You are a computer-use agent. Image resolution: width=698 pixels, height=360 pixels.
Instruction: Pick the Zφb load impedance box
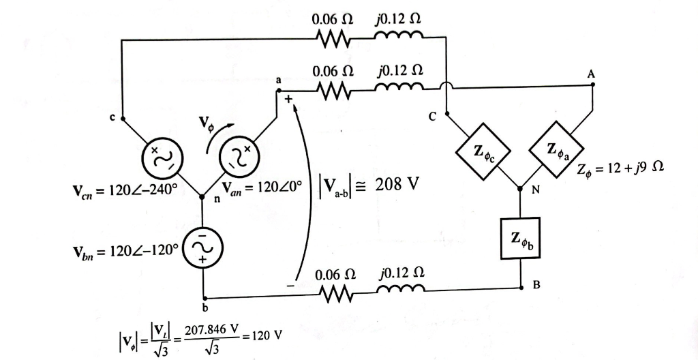coord(519,238)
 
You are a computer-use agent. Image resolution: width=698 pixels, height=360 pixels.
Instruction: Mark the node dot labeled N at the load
coord(520,186)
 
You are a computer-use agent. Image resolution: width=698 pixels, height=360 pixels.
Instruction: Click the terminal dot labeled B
coord(520,284)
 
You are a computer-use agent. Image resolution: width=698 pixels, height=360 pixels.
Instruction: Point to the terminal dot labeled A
coord(593,85)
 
